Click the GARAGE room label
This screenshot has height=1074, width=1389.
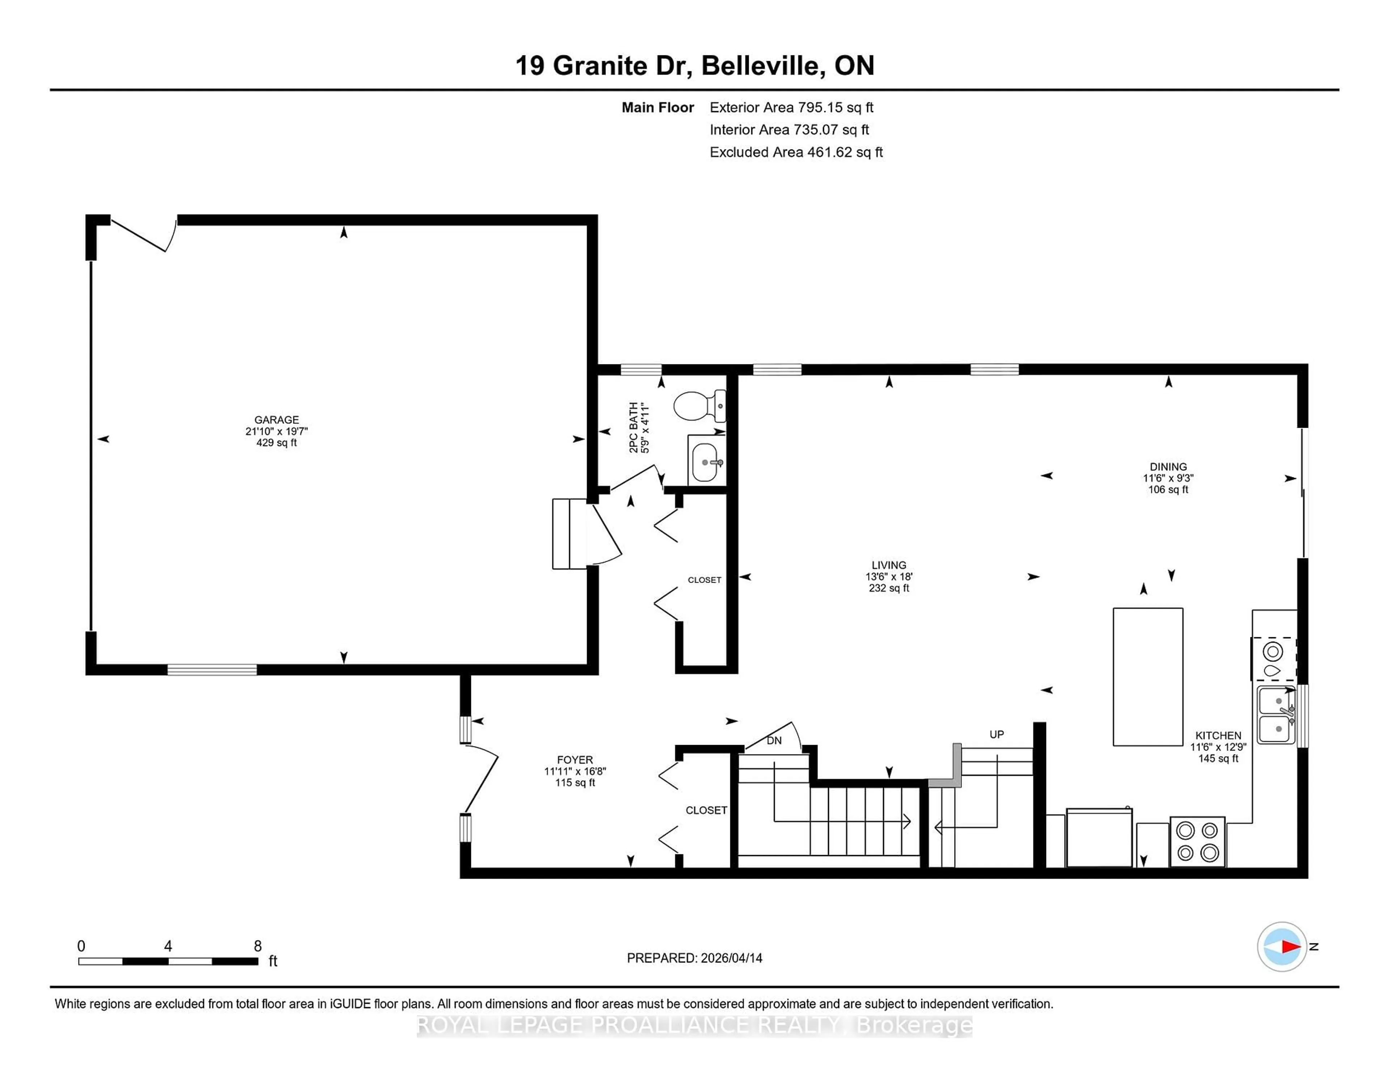(x=276, y=420)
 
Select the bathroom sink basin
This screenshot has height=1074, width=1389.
(x=705, y=462)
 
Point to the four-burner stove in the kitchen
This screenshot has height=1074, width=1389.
(x=1197, y=841)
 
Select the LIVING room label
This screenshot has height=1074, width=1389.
(x=888, y=565)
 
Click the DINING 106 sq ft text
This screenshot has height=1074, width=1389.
(x=1168, y=489)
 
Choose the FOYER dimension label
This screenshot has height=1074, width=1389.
(x=575, y=771)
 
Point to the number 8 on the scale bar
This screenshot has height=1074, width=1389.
(x=258, y=946)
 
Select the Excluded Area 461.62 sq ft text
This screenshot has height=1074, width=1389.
(x=796, y=152)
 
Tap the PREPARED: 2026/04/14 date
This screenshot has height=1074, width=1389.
(x=694, y=958)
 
